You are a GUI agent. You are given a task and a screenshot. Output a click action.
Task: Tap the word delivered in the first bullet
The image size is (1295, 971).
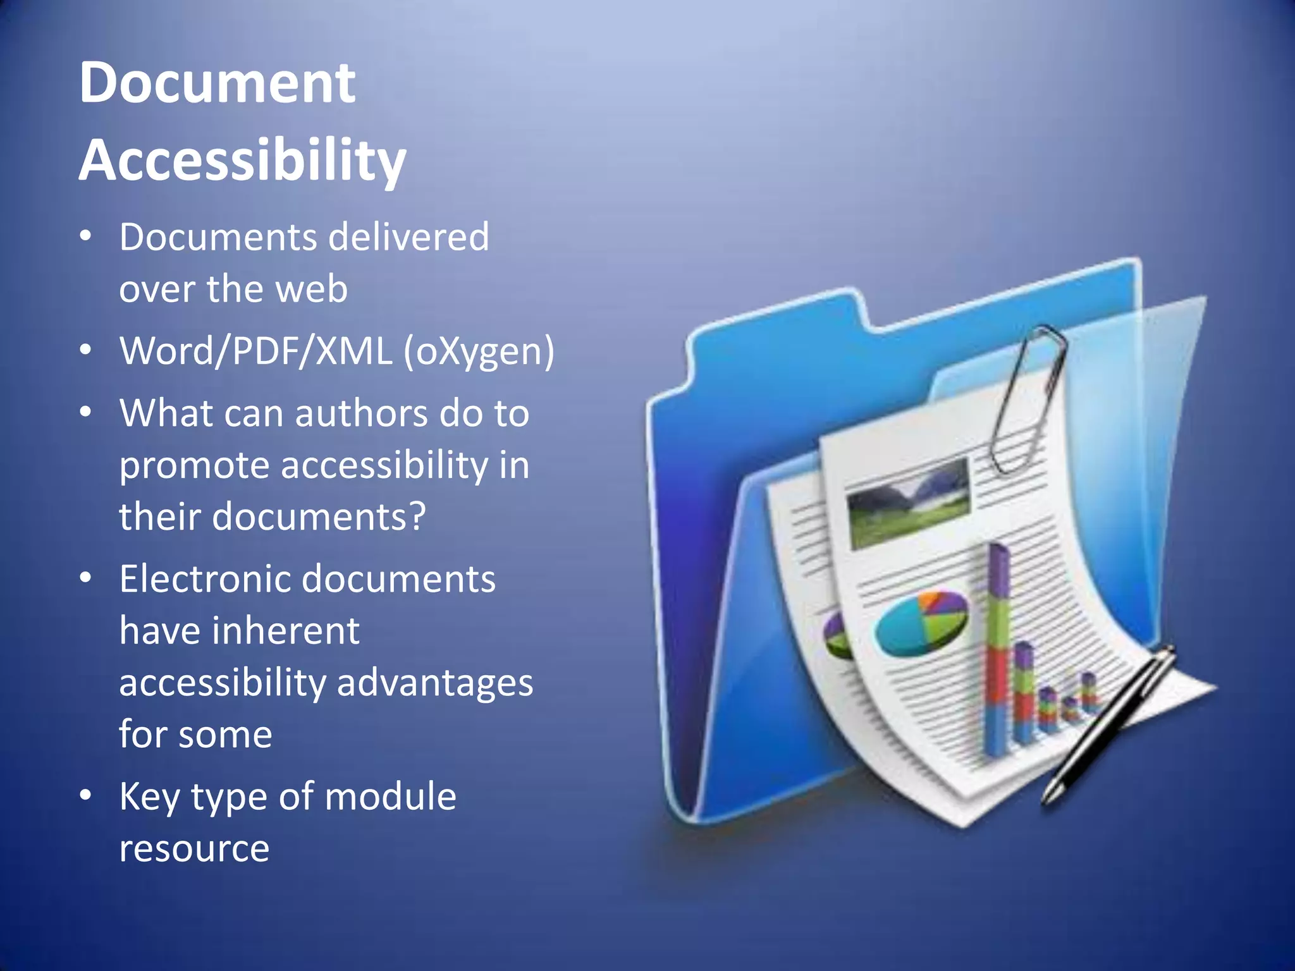pyautogui.click(x=409, y=237)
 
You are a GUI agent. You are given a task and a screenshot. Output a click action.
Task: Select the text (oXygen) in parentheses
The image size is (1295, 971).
pyautogui.click(x=479, y=351)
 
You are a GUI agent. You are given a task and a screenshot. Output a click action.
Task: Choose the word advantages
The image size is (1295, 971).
pyautogui.click(x=435, y=683)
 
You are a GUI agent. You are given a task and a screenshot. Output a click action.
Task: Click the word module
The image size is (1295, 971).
pyautogui.click(x=390, y=797)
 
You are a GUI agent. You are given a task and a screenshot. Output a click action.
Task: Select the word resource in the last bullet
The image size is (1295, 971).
pyautogui.click(x=194, y=849)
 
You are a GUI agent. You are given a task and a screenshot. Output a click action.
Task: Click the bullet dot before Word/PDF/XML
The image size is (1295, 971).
pyautogui.click(x=86, y=350)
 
